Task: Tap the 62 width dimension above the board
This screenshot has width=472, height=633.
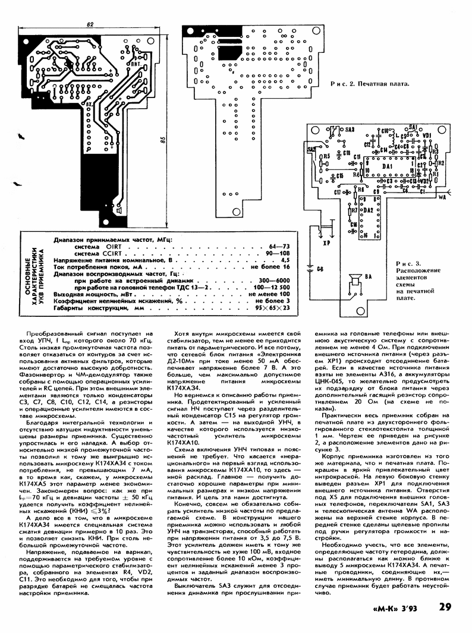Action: [x=89, y=24]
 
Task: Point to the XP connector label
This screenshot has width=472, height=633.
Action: [x=326, y=243]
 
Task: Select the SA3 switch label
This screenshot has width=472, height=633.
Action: [x=349, y=130]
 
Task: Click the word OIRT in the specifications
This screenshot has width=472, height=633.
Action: [x=112, y=246]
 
